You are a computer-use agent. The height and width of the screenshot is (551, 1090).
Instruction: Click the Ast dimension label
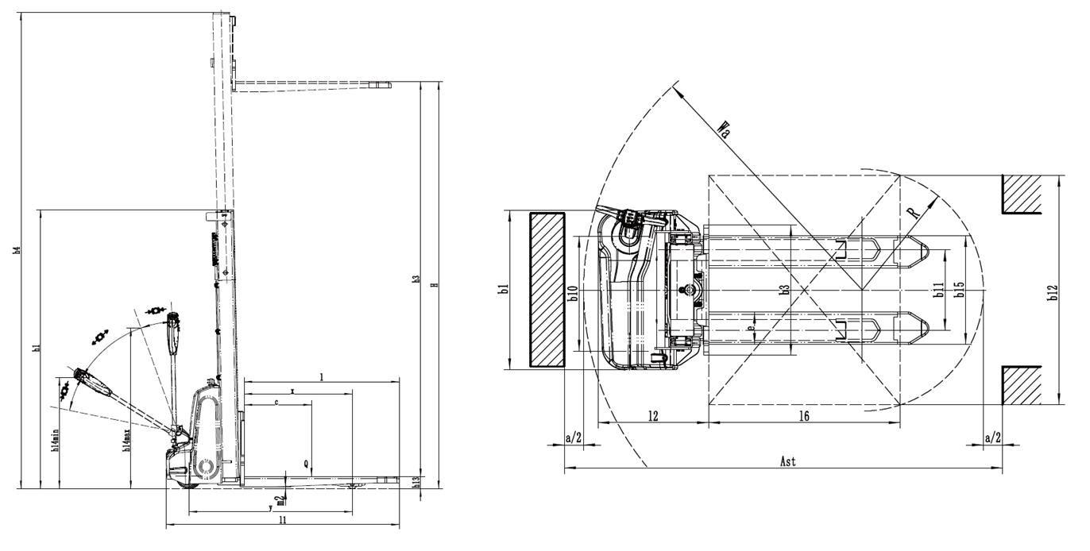pos(787,461)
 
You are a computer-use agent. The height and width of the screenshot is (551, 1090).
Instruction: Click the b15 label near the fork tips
pos(960,291)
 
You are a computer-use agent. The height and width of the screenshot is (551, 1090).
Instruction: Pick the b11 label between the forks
pos(938,291)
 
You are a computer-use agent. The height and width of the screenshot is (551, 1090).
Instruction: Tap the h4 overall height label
pos(17,251)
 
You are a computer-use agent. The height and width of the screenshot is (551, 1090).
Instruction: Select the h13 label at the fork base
pos(416,481)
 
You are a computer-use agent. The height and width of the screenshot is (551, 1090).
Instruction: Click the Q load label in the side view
pos(306,462)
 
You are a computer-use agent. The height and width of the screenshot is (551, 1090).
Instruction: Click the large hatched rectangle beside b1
pos(548,290)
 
